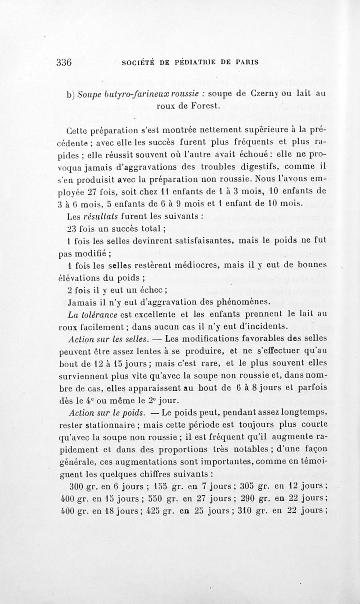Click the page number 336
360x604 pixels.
pyautogui.click(x=64, y=63)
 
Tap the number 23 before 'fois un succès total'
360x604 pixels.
pyautogui.click(x=72, y=227)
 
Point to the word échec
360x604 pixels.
pyautogui.click(x=153, y=289)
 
